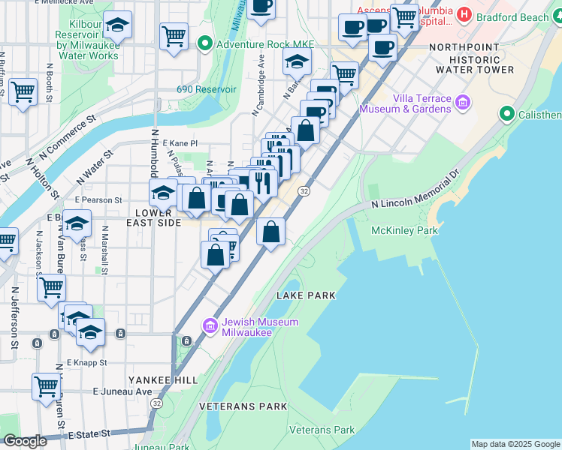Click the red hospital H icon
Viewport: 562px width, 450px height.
(x=464, y=13)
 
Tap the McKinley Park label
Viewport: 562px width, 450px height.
(x=404, y=231)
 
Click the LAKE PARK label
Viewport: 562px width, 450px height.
(x=305, y=295)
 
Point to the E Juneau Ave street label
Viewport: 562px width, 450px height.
(x=122, y=391)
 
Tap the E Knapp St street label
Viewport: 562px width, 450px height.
(x=87, y=362)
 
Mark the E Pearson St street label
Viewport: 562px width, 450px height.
(x=98, y=200)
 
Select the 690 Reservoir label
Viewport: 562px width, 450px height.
(x=207, y=89)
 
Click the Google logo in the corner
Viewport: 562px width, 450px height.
(x=25, y=441)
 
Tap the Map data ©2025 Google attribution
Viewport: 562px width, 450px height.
(x=515, y=444)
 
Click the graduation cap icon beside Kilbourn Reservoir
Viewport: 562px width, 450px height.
(x=116, y=26)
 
